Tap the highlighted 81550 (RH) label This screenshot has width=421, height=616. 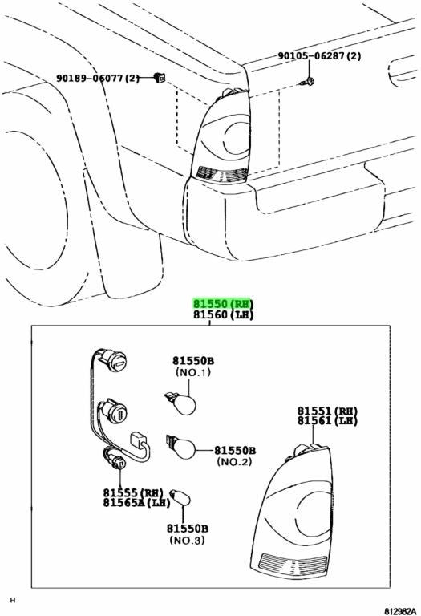223,304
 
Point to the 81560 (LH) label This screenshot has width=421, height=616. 223,314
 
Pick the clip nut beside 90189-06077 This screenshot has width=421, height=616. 160,78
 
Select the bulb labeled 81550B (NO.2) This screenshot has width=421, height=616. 180,447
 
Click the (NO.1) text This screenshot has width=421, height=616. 192,371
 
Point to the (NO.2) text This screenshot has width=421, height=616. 234,461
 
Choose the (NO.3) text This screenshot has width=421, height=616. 188,540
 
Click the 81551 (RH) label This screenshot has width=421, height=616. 327,411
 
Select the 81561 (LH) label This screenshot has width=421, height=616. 327,421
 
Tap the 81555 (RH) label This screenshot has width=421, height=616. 133,492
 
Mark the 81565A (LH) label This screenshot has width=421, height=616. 137,502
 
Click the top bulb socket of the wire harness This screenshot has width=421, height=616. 115,360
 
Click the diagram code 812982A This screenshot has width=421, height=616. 399,611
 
